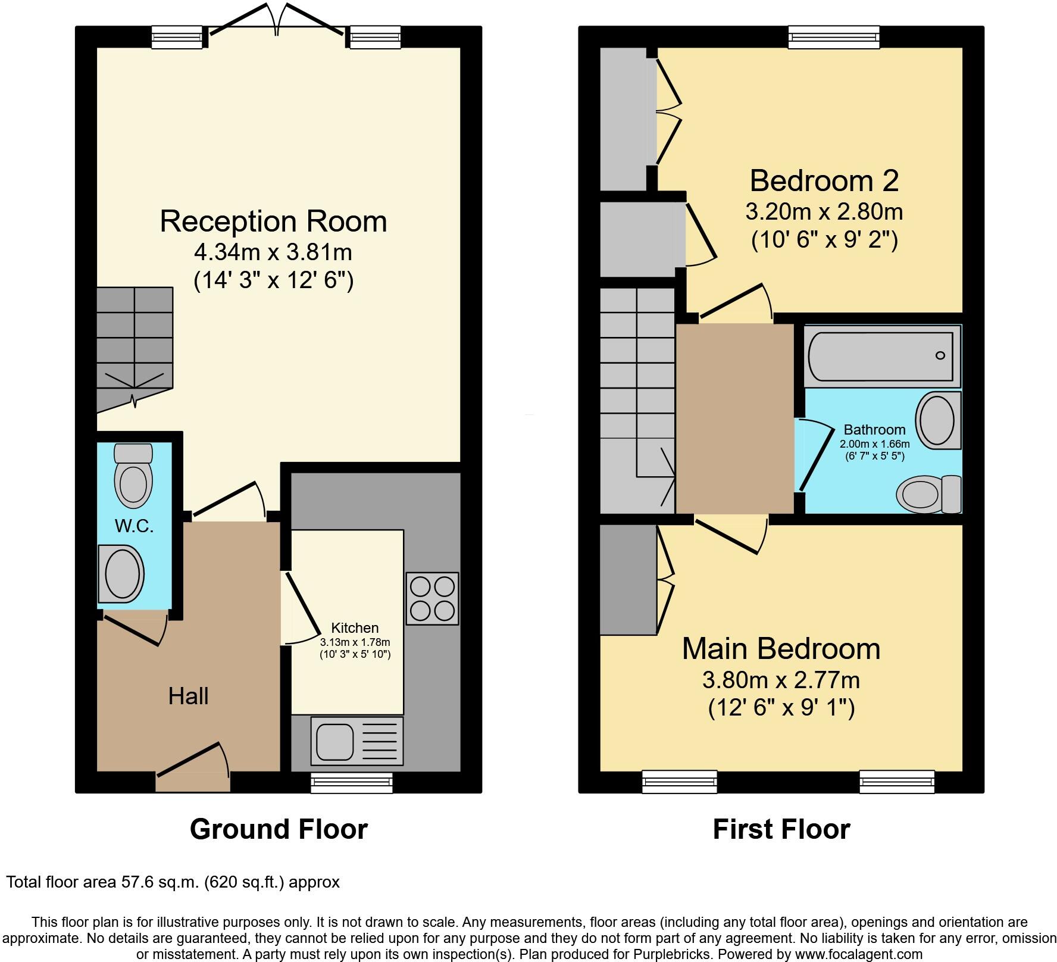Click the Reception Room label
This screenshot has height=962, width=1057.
273,221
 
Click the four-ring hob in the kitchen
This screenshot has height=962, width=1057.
432,598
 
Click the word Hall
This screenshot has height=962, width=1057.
188,696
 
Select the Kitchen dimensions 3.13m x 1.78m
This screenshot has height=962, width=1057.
355,642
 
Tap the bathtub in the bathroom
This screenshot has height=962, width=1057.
881,355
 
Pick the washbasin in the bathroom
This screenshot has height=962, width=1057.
937,420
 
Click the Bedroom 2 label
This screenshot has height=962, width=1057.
824,180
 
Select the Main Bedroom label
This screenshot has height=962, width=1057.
781,649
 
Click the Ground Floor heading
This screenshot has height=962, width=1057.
279,829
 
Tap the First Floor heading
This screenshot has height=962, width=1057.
781,829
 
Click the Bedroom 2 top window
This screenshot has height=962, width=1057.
833,37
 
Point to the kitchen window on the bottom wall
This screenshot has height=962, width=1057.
352,783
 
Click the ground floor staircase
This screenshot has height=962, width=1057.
135,345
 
